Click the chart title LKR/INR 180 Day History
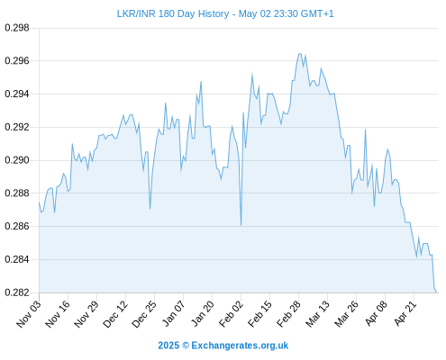pos(173,13)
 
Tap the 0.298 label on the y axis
pos(17,28)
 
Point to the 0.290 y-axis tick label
pos(17,160)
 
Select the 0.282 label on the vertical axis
pos(17,292)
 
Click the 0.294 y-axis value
pos(17,94)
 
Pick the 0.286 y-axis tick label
pos(17,226)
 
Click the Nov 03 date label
pos(29,314)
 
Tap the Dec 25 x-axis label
pos(144,314)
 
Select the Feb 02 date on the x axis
pos(231,314)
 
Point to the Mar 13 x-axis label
pos(317,314)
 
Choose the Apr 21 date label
pos(405,313)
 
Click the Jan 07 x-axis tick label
pos(173,313)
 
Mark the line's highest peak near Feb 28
pos(299,54)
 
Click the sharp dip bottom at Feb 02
pos(241,225)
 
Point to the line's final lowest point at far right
pos(437,292)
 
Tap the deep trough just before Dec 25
pos(150,209)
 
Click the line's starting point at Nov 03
pos(39,202)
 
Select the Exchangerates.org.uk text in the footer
pos(240,346)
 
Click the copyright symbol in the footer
pos(186,346)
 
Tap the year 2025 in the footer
pos(168,346)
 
